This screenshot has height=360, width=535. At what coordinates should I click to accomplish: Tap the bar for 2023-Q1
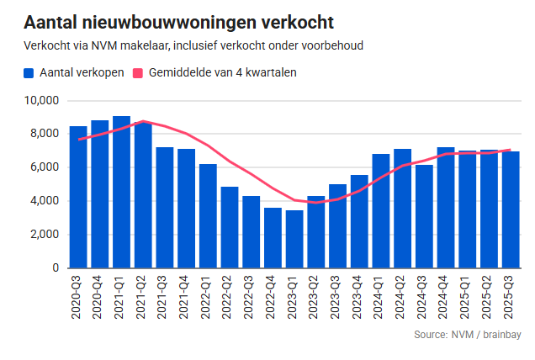[294, 239]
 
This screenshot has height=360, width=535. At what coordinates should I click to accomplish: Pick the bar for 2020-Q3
[78, 197]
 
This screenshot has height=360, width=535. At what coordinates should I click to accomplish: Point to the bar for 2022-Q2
[230, 227]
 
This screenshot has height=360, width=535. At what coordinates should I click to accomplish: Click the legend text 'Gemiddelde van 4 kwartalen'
[222, 73]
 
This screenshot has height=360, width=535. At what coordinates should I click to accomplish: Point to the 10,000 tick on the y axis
[40, 100]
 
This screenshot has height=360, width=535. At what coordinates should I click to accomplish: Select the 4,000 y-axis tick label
[43, 201]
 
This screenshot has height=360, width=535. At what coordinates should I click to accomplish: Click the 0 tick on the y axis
[55, 267]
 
